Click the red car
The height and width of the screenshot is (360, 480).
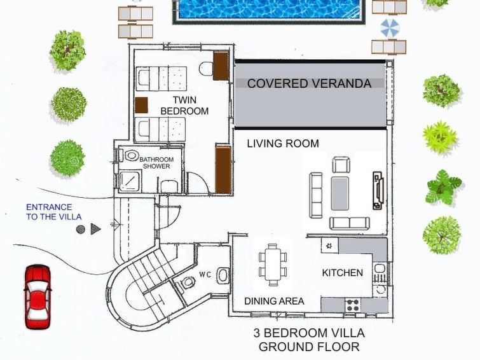coord(38,296)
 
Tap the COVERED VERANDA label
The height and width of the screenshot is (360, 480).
coord(309,84)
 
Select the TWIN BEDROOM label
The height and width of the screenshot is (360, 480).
coord(184,106)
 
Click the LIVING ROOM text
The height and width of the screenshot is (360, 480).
coord(283,143)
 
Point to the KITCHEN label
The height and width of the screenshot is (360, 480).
coord(342,273)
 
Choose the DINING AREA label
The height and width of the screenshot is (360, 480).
coord(274,301)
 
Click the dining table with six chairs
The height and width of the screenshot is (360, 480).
coord(273,265)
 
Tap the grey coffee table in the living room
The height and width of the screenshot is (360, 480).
coord(339,193)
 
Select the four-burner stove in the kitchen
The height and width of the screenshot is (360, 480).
coord(353,305)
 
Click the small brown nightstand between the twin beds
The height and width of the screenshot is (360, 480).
coord(141,105)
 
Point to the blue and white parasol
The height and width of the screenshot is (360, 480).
coord(390,28)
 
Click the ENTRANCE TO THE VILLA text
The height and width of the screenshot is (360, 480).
coord(54,212)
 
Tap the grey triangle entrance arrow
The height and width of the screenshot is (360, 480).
coord(95,229)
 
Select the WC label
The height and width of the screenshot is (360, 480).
coord(205,275)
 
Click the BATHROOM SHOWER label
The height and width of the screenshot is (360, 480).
coord(156,163)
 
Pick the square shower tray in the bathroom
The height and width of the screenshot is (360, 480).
coord(130,181)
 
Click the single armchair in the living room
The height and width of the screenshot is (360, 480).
coord(341,165)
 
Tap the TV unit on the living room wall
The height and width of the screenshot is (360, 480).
coord(378,191)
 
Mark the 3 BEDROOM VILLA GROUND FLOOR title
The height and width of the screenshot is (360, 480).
coord(309,340)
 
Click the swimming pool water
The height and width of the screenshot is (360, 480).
coord(269,9)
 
